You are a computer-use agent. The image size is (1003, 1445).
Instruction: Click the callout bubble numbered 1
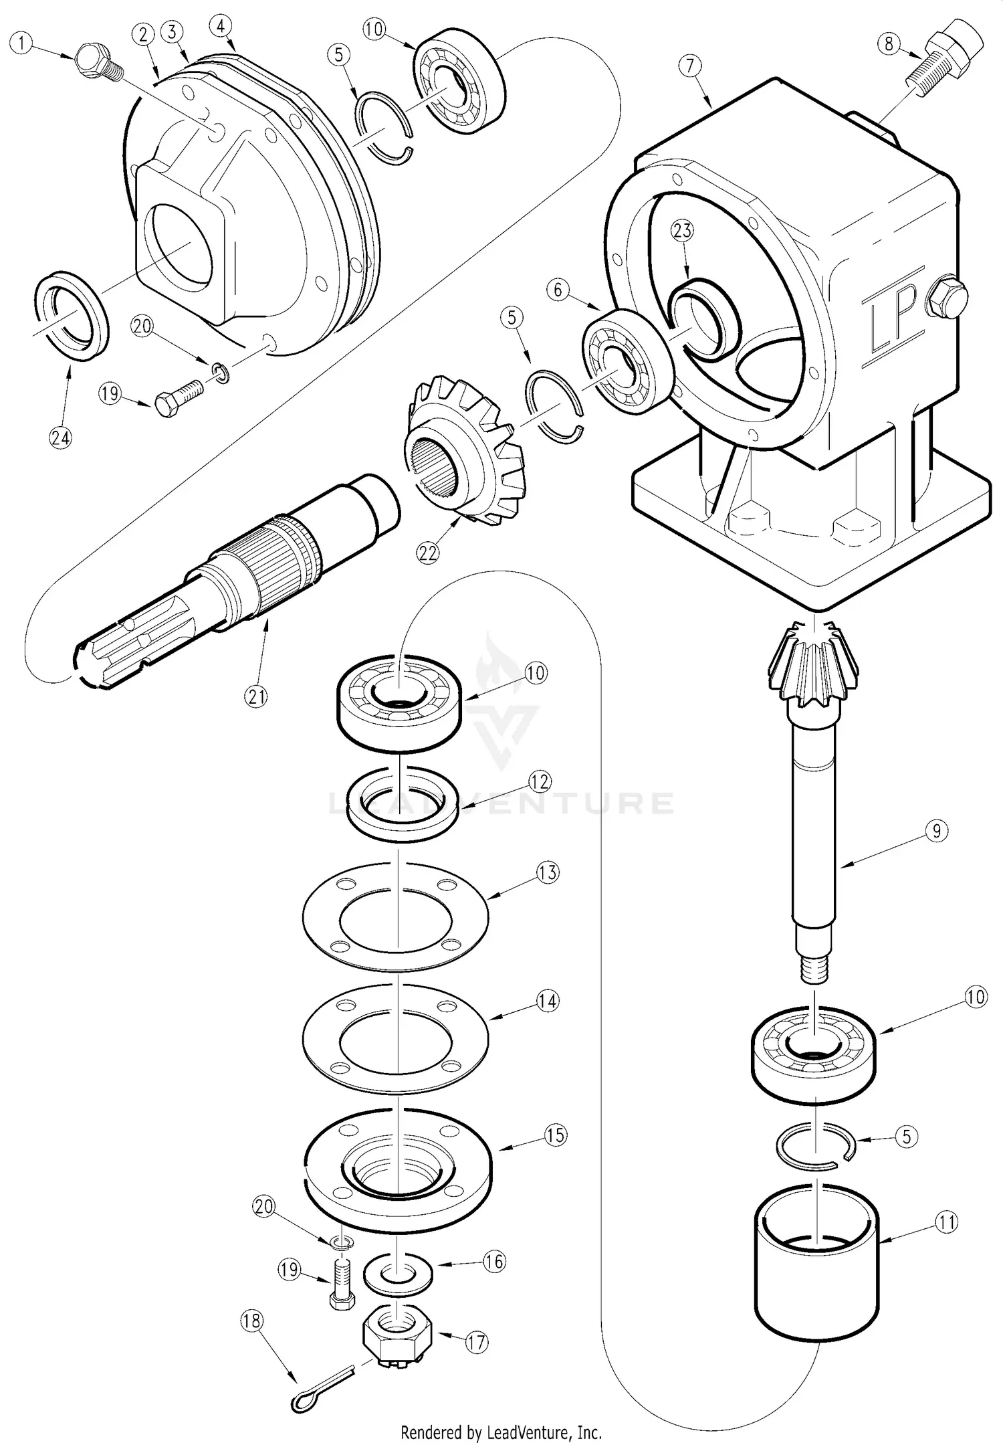24,45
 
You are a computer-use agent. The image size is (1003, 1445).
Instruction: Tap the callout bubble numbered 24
60,439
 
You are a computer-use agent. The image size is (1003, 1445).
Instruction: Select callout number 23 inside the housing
683,231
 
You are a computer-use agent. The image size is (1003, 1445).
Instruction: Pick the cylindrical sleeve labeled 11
817,1253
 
